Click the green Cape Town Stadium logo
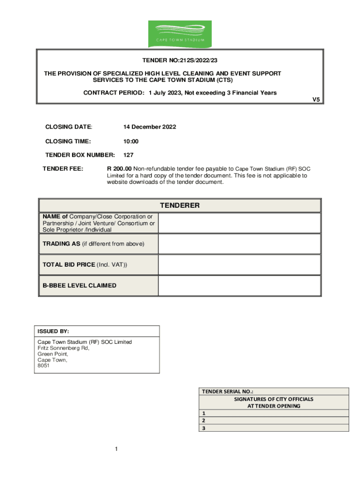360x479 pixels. pyautogui.click(x=180, y=34)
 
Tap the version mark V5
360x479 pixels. pyautogui.click(x=316, y=100)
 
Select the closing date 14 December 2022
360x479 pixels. pyautogui.click(x=150, y=127)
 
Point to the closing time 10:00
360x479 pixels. pyautogui.click(x=131, y=141)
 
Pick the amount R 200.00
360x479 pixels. pyautogui.click(x=119, y=169)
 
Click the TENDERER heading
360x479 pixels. pyautogui.click(x=180, y=205)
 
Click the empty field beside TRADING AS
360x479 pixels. pyautogui.click(x=239, y=244)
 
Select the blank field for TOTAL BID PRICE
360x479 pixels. pyautogui.click(x=239, y=265)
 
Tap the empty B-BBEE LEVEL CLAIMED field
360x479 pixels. pyautogui.click(x=239, y=285)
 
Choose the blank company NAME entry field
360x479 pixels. pyautogui.click(x=239, y=223)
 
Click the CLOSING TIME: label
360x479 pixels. pyautogui.click(x=68, y=141)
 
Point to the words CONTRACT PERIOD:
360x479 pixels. pyautogui.click(x=114, y=93)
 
